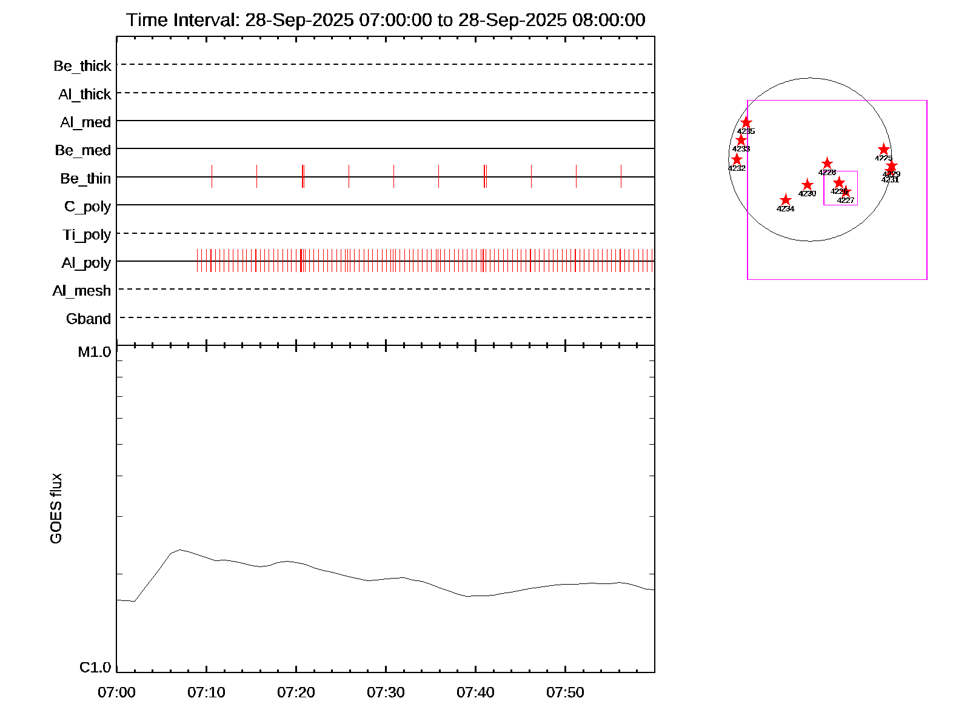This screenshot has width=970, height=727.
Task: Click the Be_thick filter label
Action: [82, 66]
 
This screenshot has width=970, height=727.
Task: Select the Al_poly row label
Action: [86, 263]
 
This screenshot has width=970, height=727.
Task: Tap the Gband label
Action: [89, 319]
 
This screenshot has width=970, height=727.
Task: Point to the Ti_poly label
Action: [87, 235]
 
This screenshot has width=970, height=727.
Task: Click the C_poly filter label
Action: [87, 207]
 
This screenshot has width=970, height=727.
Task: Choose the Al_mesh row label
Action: [82, 291]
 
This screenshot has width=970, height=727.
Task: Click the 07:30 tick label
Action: [386, 692]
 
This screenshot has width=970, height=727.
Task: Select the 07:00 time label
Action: [116, 692]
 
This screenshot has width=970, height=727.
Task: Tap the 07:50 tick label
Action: [565, 692]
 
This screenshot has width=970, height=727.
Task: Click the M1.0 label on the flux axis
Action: [95, 352]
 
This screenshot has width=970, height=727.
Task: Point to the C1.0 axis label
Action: [95, 668]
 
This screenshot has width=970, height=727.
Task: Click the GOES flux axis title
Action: [56, 508]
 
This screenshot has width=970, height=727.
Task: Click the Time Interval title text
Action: [386, 20]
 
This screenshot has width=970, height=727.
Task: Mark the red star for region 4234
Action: [786, 200]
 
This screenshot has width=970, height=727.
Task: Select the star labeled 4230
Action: [808, 185]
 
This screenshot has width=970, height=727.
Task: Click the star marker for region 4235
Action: [746, 123]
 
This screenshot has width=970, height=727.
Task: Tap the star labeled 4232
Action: [737, 159]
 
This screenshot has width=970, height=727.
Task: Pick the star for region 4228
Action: [827, 164]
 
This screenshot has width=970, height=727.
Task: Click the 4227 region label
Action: [846, 201]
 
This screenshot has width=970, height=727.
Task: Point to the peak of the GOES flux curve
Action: [179, 549]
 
